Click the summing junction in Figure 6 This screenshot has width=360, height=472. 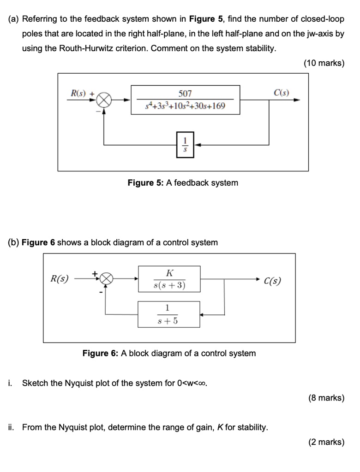[106, 279]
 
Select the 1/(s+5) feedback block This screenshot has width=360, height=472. [168, 314]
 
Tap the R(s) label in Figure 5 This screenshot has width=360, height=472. [78, 93]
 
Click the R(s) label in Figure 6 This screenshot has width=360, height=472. [59, 279]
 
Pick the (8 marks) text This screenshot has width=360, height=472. [326, 398]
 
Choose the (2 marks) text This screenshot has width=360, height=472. [326, 442]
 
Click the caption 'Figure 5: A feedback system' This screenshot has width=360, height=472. [183, 183]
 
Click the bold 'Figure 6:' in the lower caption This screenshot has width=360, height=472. [101, 354]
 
